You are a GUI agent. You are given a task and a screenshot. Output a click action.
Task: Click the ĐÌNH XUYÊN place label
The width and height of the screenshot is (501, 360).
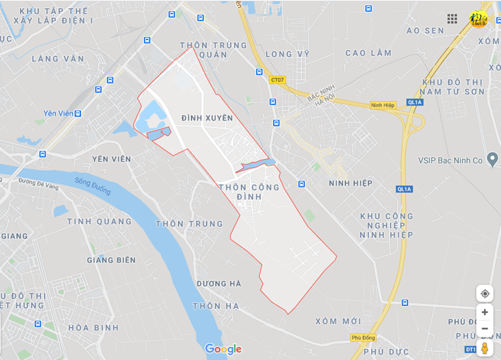(207, 118)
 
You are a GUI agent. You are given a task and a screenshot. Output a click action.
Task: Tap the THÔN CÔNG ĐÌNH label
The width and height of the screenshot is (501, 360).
(249, 192)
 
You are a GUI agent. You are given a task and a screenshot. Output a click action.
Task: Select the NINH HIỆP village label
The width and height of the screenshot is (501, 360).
(351, 183)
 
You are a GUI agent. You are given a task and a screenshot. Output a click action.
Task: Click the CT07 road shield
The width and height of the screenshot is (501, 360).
(278, 80)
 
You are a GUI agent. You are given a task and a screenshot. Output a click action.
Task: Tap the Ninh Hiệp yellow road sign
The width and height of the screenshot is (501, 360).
(382, 105)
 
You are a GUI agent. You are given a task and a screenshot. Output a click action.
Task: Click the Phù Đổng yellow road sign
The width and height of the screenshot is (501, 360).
(363, 337)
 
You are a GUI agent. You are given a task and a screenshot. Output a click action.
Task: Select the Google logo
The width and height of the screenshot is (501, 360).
(223, 349)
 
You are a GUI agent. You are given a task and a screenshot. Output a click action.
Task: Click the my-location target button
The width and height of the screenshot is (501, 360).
(484, 293)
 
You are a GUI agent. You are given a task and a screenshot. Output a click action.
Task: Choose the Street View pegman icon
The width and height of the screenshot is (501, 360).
(484, 348)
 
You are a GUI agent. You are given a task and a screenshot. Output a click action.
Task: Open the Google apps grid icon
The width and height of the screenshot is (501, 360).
(452, 19)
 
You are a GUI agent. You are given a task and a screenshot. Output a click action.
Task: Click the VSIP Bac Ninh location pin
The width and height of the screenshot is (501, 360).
(492, 159)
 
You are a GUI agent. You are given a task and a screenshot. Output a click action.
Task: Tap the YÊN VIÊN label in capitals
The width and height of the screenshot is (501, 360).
(111, 159)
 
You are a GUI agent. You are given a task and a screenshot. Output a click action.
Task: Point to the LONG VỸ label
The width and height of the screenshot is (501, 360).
(287, 54)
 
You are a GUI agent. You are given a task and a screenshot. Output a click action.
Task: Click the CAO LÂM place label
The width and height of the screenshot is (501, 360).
(368, 53)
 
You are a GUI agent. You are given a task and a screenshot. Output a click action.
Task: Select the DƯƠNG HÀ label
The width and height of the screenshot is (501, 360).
(218, 283)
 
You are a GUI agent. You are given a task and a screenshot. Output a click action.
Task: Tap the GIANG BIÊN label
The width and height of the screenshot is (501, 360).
(111, 260)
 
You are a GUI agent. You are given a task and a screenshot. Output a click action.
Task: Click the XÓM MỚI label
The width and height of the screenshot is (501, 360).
(338, 321)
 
